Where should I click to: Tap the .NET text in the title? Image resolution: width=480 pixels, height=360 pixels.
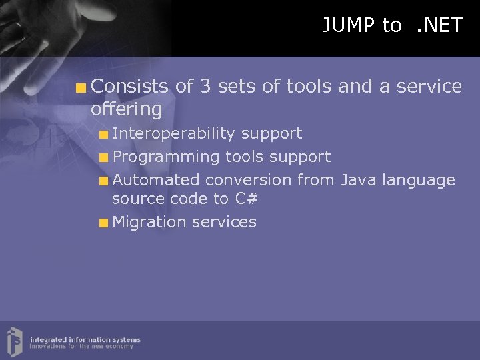(x=438, y=25)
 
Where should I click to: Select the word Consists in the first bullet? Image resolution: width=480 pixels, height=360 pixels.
(x=130, y=86)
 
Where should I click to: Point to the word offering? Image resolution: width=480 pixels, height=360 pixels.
(x=127, y=109)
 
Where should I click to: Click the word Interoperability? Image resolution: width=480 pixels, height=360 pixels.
(x=174, y=133)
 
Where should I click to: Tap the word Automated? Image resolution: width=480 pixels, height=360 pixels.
(x=156, y=180)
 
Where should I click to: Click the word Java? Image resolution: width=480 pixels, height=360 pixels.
(x=360, y=180)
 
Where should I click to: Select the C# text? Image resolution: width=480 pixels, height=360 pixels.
(x=245, y=199)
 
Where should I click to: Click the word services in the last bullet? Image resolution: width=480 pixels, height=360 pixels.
(x=224, y=222)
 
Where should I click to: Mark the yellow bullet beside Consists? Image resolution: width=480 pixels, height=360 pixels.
(x=81, y=87)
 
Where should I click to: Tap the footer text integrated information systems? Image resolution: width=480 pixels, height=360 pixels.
(x=85, y=340)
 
